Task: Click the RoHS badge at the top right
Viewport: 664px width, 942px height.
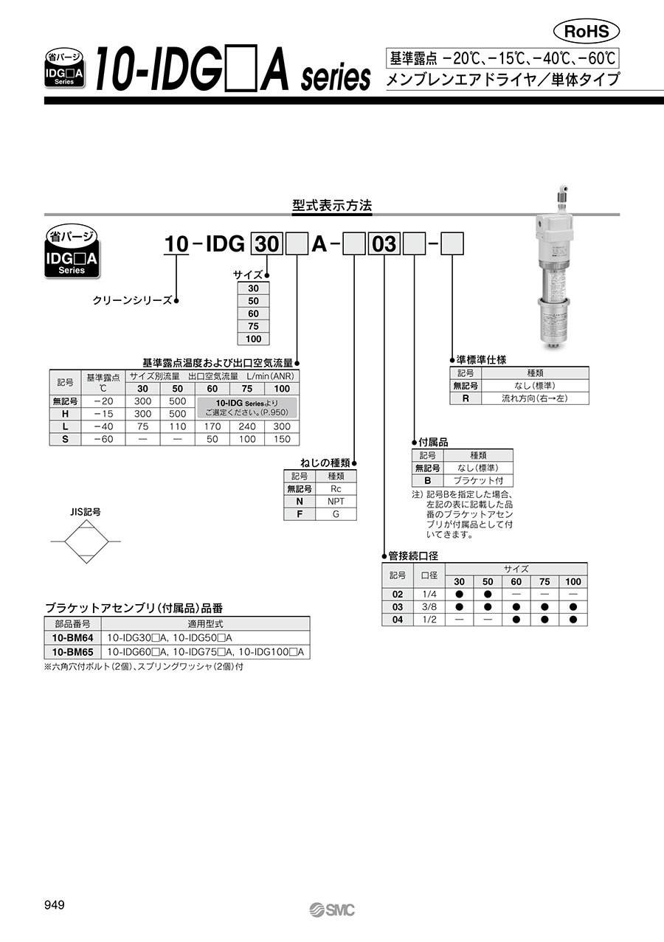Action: (587, 32)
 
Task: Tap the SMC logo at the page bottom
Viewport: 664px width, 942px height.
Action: (332, 910)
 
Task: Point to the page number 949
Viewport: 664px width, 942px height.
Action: (55, 904)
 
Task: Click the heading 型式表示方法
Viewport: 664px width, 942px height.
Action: (332, 206)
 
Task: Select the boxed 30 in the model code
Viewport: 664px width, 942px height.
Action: (267, 244)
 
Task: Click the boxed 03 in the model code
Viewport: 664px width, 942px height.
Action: (384, 244)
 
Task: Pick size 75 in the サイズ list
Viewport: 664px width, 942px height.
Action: (253, 326)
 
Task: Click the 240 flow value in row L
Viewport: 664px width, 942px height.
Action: (247, 426)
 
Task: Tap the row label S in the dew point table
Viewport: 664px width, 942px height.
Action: (65, 439)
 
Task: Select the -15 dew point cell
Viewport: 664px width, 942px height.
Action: (103, 414)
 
